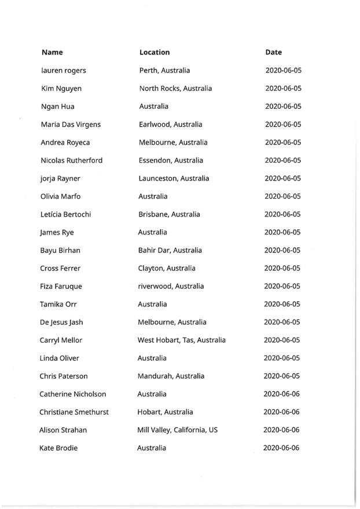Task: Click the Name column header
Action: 52,52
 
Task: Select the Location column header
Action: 155,52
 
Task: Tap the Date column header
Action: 274,52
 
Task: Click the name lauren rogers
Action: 64,71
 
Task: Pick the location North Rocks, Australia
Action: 175,89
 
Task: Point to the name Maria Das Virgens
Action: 71,124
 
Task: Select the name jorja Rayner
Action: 60,178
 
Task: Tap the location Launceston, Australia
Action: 174,178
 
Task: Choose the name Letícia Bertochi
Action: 65,214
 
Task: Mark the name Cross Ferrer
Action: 60,268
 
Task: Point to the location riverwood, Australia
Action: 171,286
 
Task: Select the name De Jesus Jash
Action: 62,322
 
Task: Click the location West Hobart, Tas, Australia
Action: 181,340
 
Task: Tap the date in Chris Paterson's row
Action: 282,376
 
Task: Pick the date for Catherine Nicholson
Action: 281,394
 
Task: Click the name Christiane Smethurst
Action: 74,412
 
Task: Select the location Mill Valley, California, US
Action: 177,430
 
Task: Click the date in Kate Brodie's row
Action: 281,448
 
